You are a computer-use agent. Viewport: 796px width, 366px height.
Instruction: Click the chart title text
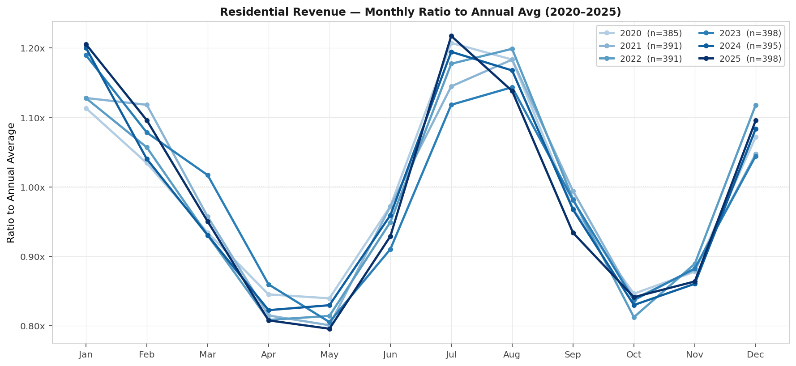420,12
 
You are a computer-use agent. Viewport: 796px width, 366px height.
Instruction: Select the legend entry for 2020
650,33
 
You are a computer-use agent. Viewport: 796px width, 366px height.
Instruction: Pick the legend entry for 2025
750,59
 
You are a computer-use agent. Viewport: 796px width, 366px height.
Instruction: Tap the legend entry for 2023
750,33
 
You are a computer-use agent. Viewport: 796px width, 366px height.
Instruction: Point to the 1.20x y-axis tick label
33,48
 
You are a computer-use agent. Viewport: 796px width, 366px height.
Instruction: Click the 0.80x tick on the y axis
33,326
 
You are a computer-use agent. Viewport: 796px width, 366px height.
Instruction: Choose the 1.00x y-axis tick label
33,187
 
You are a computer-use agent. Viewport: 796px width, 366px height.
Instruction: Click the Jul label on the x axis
451,355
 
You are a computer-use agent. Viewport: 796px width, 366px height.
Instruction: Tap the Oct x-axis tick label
633,355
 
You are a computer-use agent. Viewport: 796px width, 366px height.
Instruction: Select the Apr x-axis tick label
268,355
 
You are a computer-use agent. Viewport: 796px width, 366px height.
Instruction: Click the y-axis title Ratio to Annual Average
11,183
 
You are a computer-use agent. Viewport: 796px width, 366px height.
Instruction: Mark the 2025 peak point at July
451,36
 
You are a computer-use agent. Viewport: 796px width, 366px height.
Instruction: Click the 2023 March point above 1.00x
208,175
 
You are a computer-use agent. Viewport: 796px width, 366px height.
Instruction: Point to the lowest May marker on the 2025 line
330,329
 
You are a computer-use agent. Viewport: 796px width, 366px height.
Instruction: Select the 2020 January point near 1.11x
86,108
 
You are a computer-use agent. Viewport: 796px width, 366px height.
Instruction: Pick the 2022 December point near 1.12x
756,106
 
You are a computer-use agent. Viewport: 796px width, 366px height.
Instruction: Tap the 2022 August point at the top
512,49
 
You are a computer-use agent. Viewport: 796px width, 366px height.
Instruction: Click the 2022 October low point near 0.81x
634,317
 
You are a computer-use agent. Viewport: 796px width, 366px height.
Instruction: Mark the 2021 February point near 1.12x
147,105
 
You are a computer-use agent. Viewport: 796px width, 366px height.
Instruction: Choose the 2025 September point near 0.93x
573,233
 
